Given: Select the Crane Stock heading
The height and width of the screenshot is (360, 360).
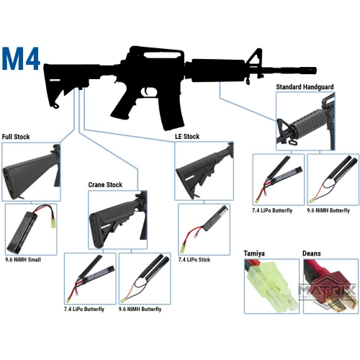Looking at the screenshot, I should pos(105,185).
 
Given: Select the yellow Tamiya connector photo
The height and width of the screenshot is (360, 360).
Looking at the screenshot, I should pos(271,287).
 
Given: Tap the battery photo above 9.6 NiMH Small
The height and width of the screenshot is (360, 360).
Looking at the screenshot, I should pos(32,227).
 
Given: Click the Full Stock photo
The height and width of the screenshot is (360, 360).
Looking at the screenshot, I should pos(32,170).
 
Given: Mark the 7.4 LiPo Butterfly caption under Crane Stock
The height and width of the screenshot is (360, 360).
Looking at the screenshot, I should pos(85,309).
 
